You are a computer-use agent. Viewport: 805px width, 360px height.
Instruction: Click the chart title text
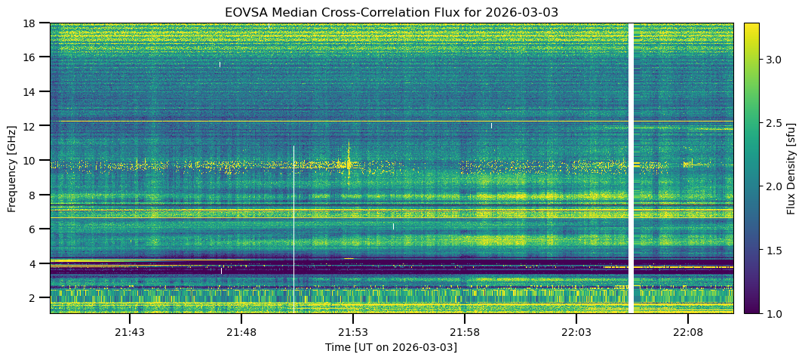[x=391, y=12]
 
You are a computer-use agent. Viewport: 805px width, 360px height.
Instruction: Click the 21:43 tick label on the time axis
[x=130, y=332]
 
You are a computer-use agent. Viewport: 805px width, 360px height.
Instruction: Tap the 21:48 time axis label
[x=241, y=332]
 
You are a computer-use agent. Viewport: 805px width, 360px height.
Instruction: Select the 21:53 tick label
[x=353, y=332]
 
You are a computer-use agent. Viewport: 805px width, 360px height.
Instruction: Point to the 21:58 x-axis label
[x=465, y=332]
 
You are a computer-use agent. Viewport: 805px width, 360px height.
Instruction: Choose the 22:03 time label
[x=576, y=332]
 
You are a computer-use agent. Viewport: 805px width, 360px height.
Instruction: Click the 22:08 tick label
[x=688, y=332]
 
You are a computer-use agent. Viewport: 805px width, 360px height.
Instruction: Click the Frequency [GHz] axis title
[x=11, y=168]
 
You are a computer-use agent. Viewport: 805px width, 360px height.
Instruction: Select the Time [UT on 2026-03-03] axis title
[x=391, y=347]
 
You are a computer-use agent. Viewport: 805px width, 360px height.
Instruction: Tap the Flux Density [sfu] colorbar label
[x=791, y=168]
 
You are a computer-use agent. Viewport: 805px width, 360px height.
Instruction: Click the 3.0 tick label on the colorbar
[x=774, y=60]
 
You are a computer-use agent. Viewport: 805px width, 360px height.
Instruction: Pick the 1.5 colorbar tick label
[x=774, y=250]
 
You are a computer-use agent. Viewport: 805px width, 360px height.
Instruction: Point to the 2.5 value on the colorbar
[x=774, y=123]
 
